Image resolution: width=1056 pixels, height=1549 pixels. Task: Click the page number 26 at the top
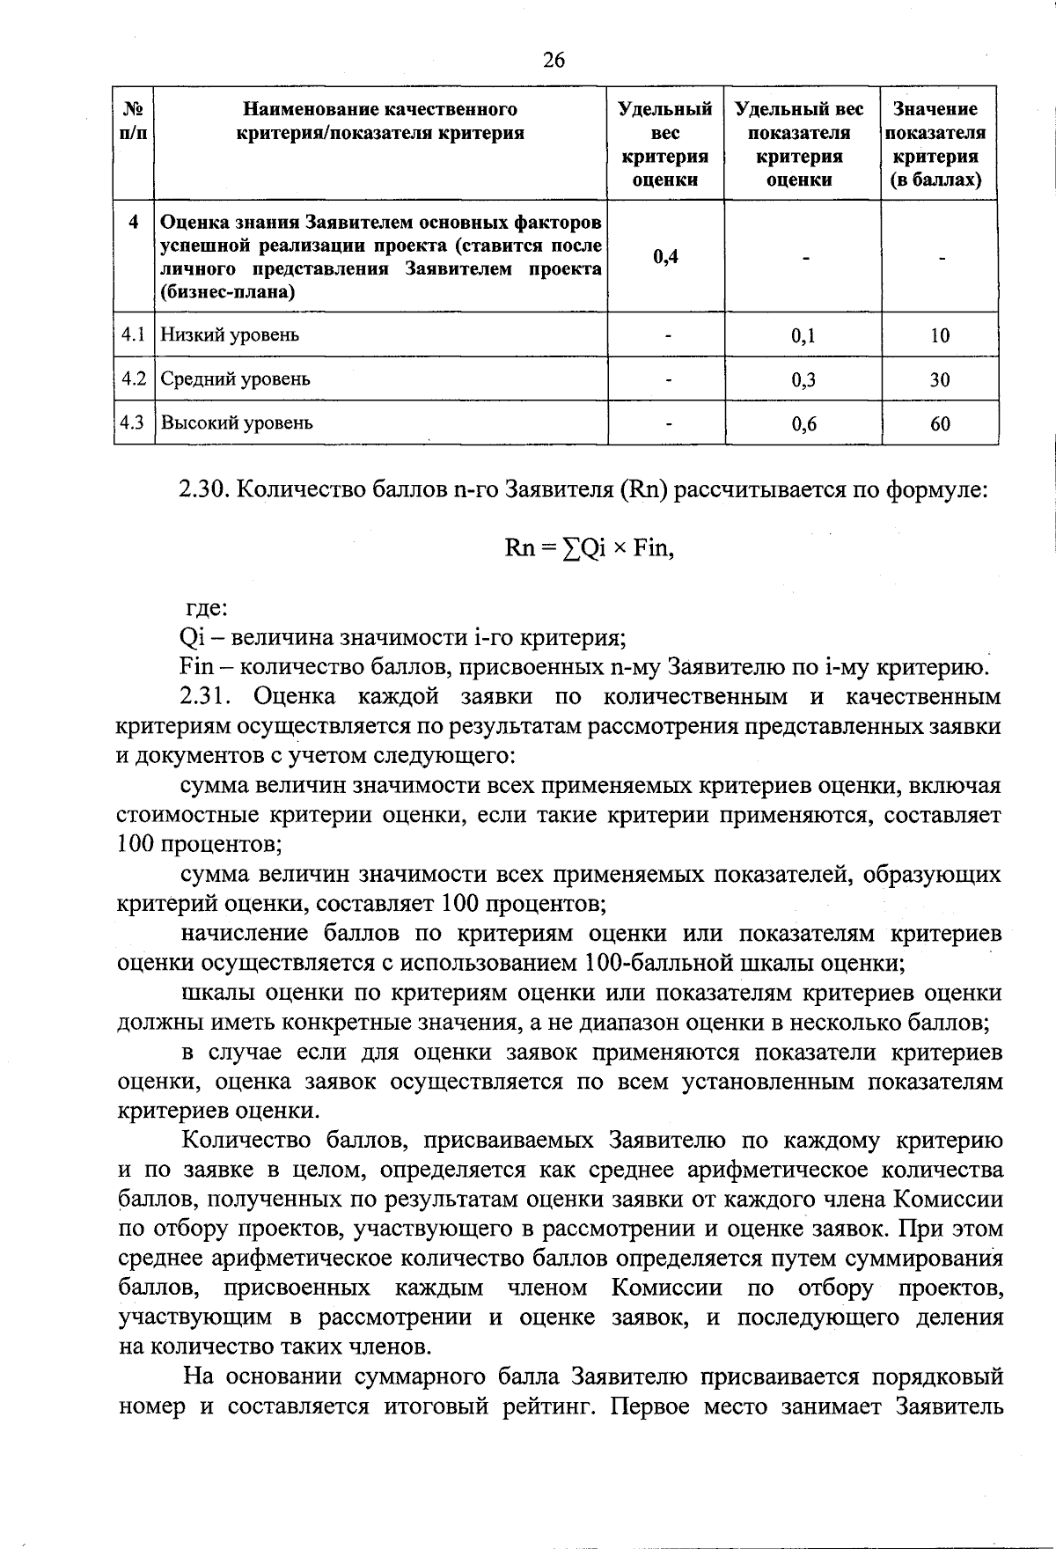[554, 60]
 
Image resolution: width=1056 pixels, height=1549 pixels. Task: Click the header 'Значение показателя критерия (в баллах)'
[939, 144]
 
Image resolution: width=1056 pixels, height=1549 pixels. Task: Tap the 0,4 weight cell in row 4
[665, 256]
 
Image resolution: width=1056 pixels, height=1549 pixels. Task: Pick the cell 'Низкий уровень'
[230, 335]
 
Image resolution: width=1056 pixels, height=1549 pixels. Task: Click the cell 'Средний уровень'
[235, 379]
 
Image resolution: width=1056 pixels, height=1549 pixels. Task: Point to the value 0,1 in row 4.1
[803, 335]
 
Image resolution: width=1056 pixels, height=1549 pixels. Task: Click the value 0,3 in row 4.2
[803, 380]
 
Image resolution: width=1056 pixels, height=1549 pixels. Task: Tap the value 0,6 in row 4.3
[803, 424]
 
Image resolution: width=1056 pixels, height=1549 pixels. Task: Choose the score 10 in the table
[940, 335]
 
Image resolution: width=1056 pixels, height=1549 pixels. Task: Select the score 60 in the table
[940, 424]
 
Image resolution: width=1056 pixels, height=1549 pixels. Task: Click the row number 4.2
[133, 379]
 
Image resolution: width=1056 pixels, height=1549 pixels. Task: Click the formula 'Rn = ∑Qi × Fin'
[589, 548]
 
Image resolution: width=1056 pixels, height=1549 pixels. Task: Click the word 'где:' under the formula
[205, 608]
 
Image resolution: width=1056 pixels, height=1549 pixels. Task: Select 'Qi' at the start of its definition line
[190, 638]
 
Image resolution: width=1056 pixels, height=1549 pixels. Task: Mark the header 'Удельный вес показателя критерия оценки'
[800, 144]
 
